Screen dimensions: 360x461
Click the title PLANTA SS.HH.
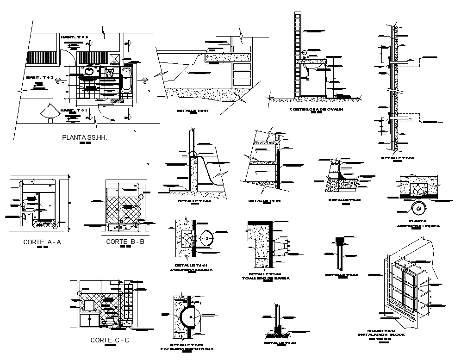point(85,137)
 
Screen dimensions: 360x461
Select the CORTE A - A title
point(42,242)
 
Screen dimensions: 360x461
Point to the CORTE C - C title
point(109,341)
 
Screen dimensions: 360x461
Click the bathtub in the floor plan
point(126,80)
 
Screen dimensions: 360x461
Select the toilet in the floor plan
point(110,74)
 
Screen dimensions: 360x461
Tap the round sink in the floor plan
point(89,72)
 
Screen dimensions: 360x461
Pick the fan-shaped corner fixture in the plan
point(48,112)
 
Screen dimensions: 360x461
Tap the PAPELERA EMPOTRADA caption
point(187,349)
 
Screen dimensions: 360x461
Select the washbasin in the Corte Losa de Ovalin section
point(310,66)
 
